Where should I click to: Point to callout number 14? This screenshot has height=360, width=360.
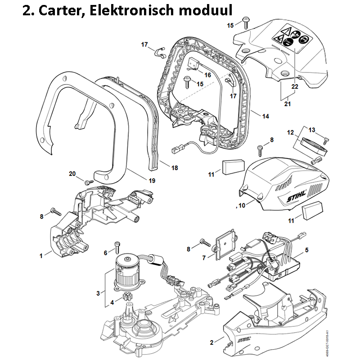point(265,117)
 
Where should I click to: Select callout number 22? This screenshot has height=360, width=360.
point(295,86)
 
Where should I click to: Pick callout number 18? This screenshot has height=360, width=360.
point(174,168)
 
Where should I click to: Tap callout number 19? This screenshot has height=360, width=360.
point(152,181)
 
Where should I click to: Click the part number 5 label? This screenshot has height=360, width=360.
point(307,249)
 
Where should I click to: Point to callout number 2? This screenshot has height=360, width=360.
point(212,342)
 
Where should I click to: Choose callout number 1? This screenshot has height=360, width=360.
point(41,255)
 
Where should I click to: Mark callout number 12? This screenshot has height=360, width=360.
point(291,133)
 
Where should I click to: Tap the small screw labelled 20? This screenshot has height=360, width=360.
point(88,181)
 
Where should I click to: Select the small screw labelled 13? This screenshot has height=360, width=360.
point(326,139)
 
